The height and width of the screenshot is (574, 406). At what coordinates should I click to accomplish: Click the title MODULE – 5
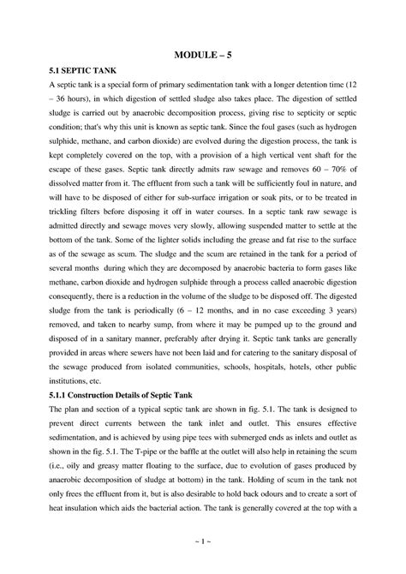pos(203,55)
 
